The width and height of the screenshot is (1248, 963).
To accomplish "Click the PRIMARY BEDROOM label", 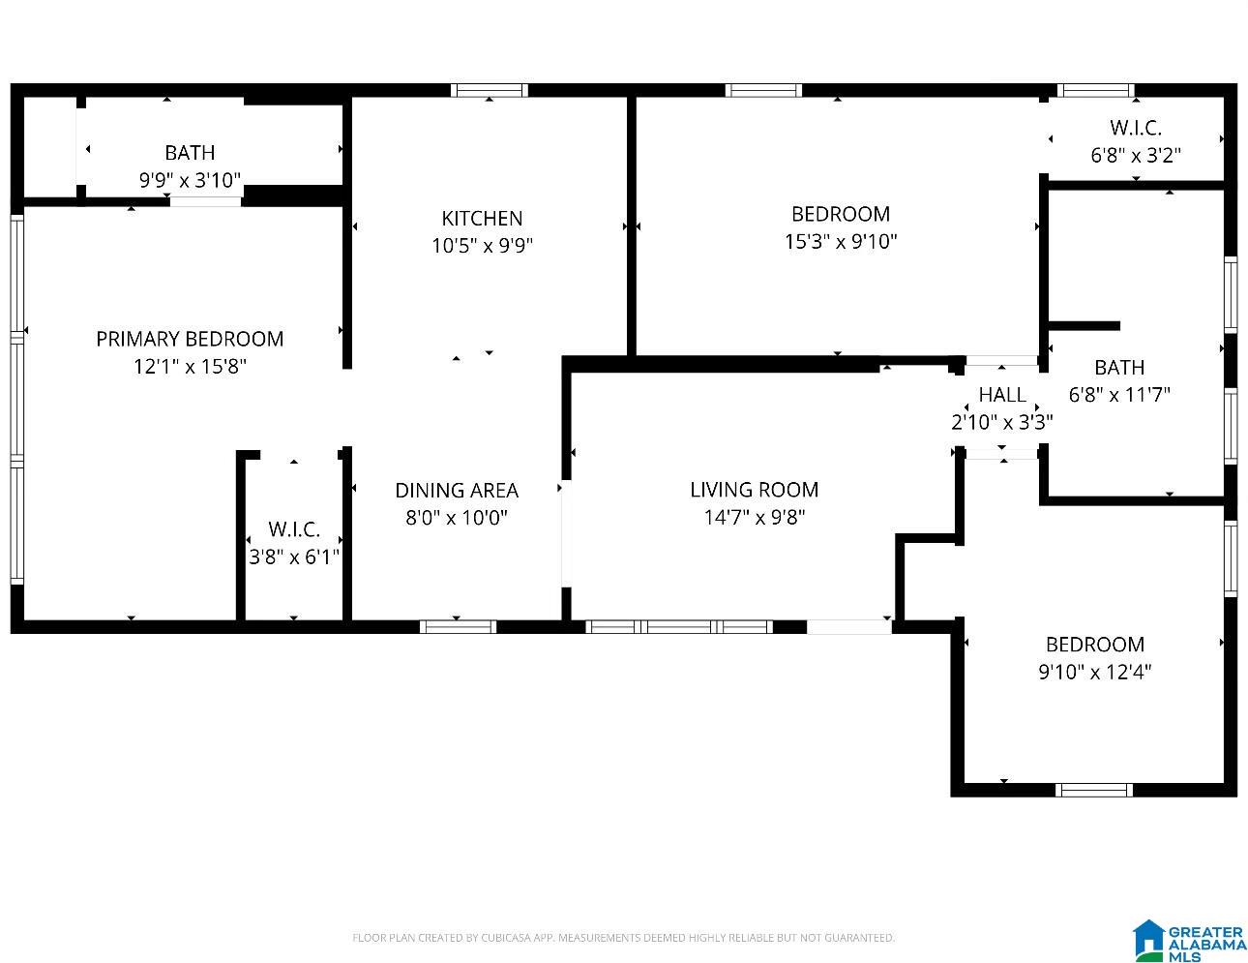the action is (x=190, y=339).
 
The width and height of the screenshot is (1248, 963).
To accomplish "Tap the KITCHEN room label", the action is (x=482, y=219).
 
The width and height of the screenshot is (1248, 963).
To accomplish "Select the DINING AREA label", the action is (x=457, y=490).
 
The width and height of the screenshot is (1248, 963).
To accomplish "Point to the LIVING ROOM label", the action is (x=754, y=490).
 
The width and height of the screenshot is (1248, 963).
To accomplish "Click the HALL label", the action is (x=1002, y=395).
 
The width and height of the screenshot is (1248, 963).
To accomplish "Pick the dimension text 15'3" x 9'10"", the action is (x=841, y=241).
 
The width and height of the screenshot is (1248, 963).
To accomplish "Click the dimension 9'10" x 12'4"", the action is (x=1094, y=672).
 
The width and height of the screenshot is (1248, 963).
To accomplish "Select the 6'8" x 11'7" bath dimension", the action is (x=1119, y=395).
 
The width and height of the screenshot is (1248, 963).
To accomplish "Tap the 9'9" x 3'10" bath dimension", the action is (x=190, y=180).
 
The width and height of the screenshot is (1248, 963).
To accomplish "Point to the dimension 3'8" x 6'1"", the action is (x=293, y=557).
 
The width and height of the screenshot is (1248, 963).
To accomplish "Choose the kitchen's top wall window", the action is (x=489, y=90).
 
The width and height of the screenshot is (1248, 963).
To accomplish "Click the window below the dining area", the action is (x=458, y=626).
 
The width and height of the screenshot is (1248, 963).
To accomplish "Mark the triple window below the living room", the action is (x=679, y=626).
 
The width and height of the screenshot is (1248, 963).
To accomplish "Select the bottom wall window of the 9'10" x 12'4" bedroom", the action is (x=1094, y=790).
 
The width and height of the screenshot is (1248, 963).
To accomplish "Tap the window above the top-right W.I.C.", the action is (x=1096, y=90).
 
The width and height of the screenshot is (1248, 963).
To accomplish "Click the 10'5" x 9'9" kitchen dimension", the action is (x=482, y=246).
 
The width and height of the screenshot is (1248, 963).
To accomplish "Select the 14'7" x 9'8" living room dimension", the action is (x=754, y=517).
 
